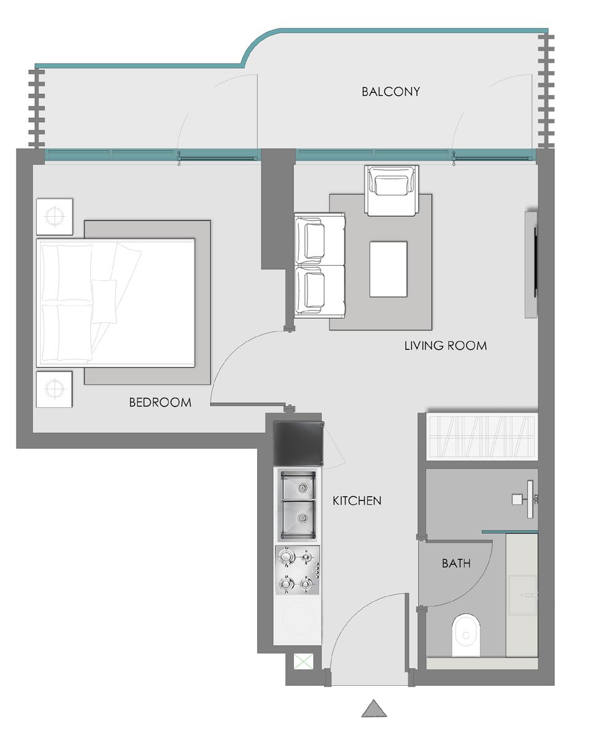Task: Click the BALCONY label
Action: pos(390,91)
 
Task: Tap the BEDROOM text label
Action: pos(160,403)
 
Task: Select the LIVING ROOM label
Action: pos(446,346)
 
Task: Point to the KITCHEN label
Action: pos(357,500)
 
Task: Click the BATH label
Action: pos(456,563)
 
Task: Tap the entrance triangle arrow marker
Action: pos(374,709)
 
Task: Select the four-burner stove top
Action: pos(298,570)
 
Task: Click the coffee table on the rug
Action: pos(388,270)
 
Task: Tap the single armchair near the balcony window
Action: pos(391,190)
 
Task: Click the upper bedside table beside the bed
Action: pos(55,217)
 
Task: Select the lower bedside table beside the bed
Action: pos(54,389)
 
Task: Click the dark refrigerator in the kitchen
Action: pos(299,443)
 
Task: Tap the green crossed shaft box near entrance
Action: pos(303,662)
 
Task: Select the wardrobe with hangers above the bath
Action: pos(481,437)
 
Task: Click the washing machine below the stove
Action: pos(298,620)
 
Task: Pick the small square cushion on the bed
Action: pos(104,301)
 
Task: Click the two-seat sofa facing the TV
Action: pos(319,265)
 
